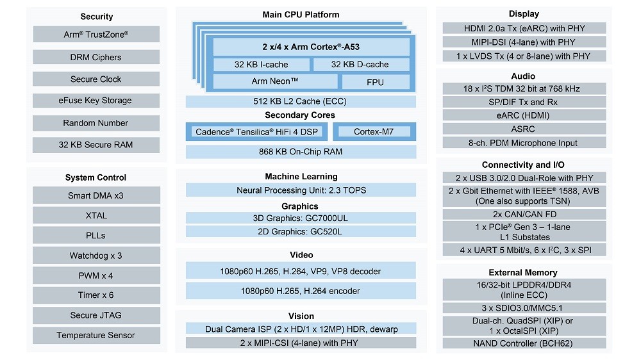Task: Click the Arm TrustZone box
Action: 96,35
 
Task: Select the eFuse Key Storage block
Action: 96,101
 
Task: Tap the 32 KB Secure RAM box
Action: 96,145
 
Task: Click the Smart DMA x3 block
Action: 96,196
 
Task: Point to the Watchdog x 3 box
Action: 96,256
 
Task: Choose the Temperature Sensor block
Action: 96,335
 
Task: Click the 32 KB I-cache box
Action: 261,65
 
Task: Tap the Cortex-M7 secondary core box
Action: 374,132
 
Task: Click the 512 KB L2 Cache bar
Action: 301,101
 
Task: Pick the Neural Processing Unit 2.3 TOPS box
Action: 301,190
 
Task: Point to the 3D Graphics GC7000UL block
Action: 301,218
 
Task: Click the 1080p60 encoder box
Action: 301,291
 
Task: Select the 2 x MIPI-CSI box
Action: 301,343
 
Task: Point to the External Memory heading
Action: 523,272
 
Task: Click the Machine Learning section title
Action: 301,176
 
